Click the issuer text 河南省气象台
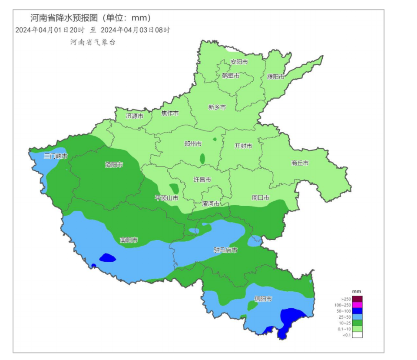[x=93, y=43]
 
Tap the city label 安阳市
[x=239, y=62]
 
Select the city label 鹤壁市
[x=231, y=76]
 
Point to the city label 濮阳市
[x=276, y=77]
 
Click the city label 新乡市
[x=217, y=107]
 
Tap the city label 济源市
[x=135, y=116]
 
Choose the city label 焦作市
[x=170, y=113]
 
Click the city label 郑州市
[x=192, y=144]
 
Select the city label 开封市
[x=243, y=146]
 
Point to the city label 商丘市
[x=300, y=163]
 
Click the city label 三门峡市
[x=56, y=156]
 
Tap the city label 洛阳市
[x=114, y=164]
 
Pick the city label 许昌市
[x=202, y=180]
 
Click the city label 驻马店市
[x=225, y=250]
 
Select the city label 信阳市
[x=263, y=299]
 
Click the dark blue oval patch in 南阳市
[x=107, y=258]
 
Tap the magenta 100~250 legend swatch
[x=357, y=305]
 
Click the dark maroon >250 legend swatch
[x=357, y=299]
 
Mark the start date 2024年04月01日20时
[x=49, y=30]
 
